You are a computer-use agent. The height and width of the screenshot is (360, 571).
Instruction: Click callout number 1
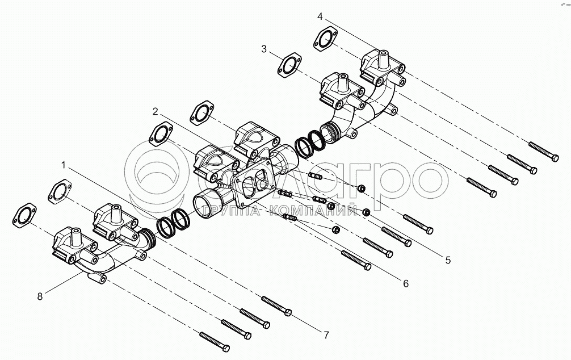pos(64,165)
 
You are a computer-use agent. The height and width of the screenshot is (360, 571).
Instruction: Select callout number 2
pos(154,110)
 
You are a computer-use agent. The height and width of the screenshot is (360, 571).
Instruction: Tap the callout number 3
pos(264,49)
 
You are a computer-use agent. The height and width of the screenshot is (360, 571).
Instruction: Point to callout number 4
pos(320,16)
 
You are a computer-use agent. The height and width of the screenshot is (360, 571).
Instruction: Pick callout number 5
pos(448,260)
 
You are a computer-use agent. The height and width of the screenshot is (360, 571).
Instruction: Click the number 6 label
pos(405,283)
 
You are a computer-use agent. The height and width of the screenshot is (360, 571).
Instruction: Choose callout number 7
pos(326,335)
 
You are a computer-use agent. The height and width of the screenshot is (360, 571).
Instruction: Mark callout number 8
pos(40,296)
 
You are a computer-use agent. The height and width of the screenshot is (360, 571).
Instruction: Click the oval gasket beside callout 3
pos(289,65)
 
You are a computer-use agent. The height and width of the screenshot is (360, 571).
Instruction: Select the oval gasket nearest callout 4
pos(324,41)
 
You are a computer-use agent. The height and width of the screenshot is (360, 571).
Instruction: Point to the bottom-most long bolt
pos(215,340)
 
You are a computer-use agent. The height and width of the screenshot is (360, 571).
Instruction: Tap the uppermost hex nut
pos(361,188)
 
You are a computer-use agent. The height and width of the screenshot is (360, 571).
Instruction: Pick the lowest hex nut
pos(335,229)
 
